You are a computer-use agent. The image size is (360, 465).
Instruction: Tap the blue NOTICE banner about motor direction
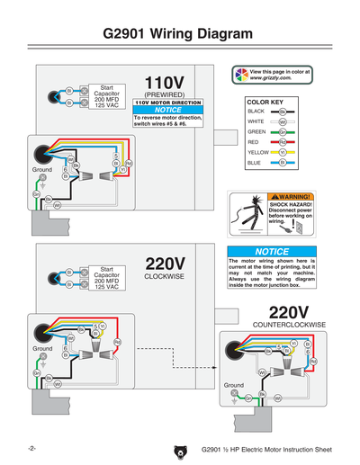(167, 110)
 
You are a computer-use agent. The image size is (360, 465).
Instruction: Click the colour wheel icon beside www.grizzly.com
(240, 75)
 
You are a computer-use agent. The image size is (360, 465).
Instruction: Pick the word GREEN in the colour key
(256, 131)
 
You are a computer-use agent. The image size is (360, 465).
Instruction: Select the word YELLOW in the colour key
(257, 152)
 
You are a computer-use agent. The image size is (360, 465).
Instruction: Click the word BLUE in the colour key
(254, 163)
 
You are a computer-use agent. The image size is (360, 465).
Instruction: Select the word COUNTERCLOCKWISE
(289, 324)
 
